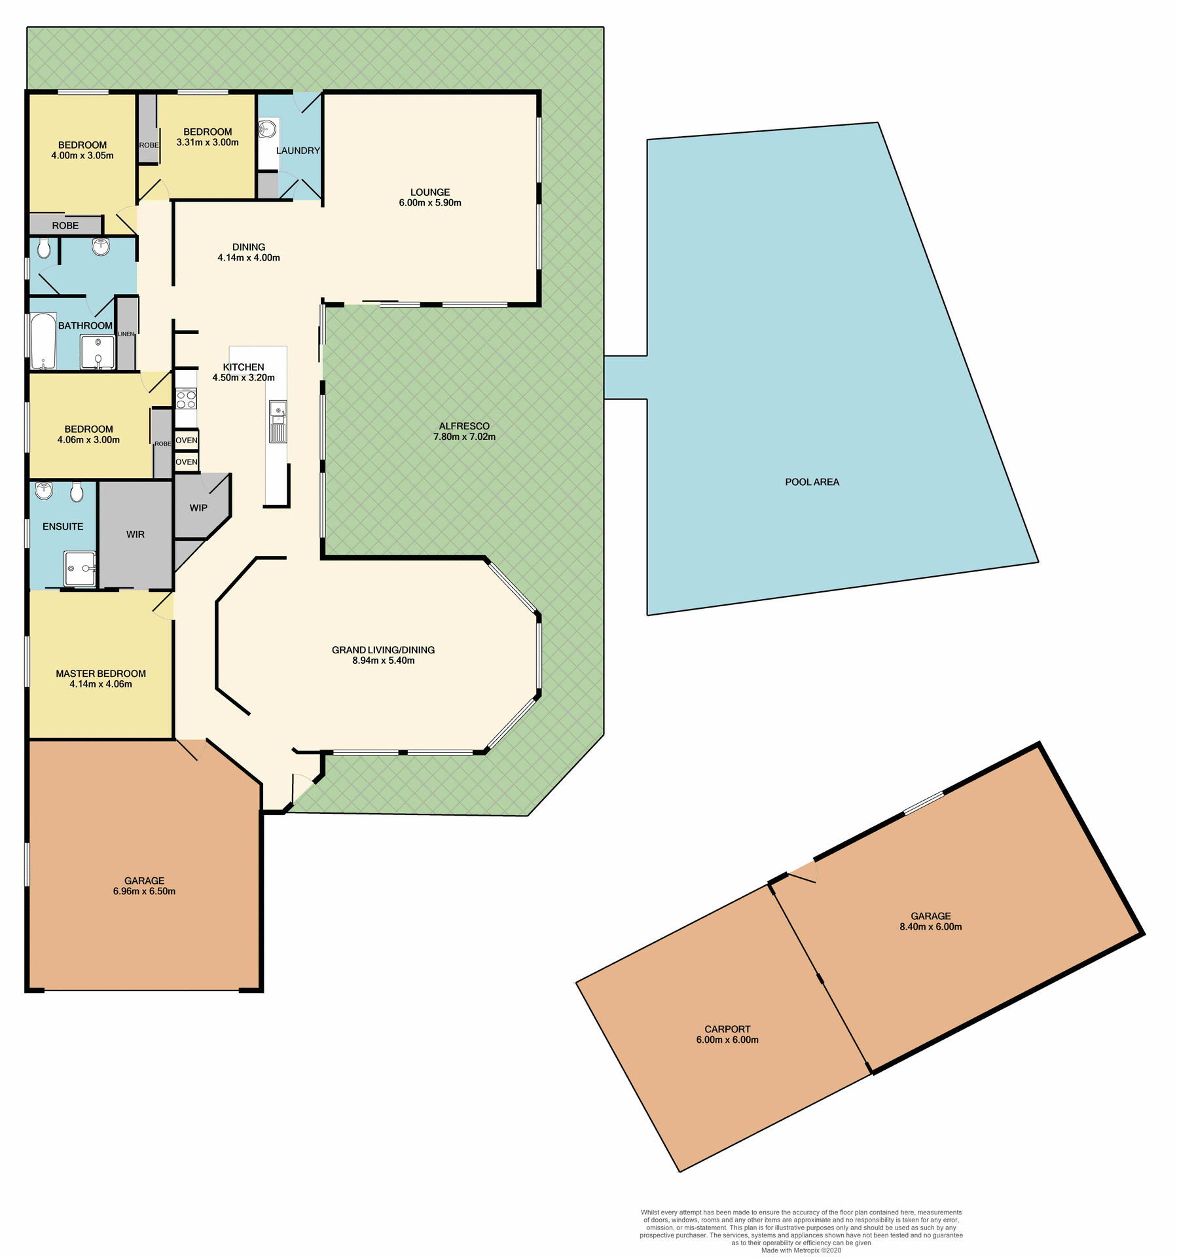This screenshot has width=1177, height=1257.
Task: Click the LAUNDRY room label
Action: click(298, 151)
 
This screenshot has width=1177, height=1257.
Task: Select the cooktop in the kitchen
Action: click(186, 399)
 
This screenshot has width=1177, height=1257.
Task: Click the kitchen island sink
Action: click(278, 412)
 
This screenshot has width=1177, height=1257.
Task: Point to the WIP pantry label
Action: click(198, 508)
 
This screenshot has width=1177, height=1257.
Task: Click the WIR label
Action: click(136, 535)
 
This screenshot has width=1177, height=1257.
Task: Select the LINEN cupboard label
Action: click(126, 335)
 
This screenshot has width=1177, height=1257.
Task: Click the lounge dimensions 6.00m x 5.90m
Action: click(430, 203)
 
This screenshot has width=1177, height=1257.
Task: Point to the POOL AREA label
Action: click(812, 482)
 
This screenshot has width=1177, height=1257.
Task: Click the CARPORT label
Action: click(727, 1029)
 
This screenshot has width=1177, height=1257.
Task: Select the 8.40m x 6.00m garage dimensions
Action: click(930, 926)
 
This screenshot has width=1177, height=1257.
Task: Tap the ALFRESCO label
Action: click(464, 426)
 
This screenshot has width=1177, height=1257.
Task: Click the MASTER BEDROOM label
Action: click(101, 674)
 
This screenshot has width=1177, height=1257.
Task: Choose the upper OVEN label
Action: click(187, 441)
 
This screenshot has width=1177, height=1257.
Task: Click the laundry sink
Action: click(268, 129)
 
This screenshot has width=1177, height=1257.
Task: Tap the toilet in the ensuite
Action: click(77, 492)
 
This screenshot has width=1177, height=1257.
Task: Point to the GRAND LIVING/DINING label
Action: click(383, 650)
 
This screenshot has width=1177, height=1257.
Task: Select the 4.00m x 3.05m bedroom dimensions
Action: click(82, 156)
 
